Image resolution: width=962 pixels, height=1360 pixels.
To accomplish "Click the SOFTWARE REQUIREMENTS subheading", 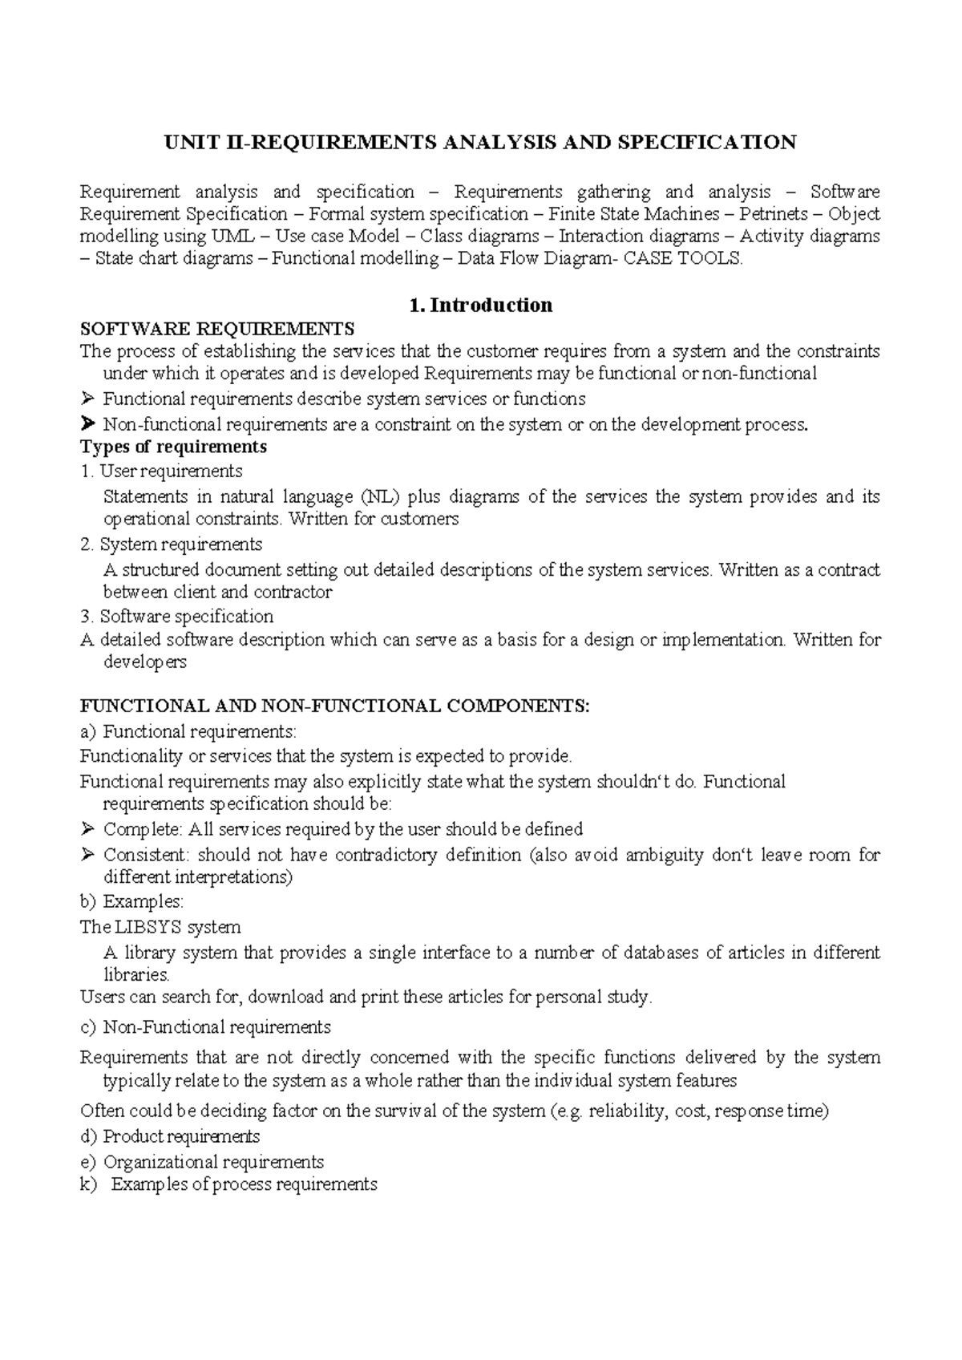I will [x=217, y=329].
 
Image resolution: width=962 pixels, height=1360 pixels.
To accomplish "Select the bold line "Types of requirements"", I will [x=174, y=447].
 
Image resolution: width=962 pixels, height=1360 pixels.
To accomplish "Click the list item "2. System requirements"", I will [x=172, y=544].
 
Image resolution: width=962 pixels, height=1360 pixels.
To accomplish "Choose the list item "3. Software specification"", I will [x=177, y=617].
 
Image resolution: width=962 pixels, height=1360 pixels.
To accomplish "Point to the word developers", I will [x=145, y=662].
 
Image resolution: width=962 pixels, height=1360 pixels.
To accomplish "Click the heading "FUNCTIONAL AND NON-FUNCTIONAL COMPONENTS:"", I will [x=335, y=706].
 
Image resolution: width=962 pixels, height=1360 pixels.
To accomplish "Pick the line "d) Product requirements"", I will [x=170, y=1137].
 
